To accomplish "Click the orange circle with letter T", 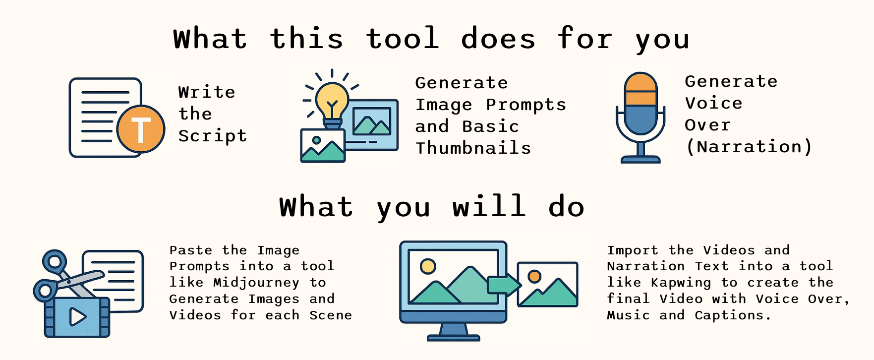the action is point(141,129).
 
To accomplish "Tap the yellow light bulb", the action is point(332,102).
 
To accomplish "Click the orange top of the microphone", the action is point(641,89).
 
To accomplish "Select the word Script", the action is point(213,136).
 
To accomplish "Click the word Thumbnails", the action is point(473,148).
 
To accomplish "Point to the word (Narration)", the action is point(749,147).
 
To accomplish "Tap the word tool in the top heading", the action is point(403,38).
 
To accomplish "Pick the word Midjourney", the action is point(256,283).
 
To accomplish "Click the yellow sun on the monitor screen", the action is point(428,266).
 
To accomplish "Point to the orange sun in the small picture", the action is point(534,276).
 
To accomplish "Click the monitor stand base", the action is point(454,338).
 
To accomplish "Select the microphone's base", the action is point(641,159).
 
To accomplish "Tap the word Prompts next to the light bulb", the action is point(526,105).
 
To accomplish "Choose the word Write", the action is point(207,92).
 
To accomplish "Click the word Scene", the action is point(331,315).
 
